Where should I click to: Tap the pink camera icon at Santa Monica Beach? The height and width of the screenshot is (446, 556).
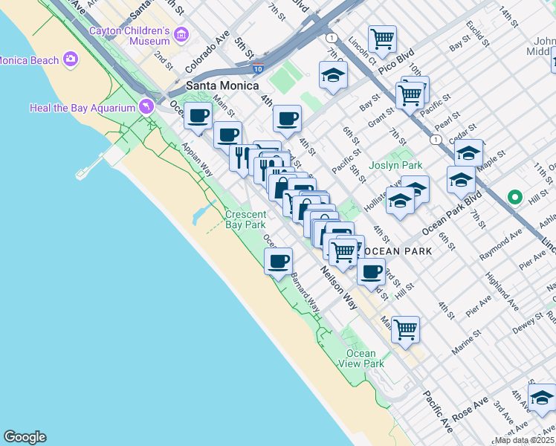click(x=71, y=59)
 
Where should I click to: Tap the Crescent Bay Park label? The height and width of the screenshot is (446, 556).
click(x=245, y=219)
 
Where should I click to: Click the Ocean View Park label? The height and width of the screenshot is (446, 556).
click(x=365, y=358)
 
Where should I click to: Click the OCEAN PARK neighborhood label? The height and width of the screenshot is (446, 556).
click(x=396, y=251)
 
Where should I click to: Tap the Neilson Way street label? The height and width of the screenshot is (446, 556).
click(x=340, y=285)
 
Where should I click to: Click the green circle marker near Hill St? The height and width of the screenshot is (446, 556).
click(x=514, y=197)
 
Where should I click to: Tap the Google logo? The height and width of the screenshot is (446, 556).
click(x=25, y=437)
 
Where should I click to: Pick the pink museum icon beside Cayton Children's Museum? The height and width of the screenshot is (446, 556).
click(x=181, y=35)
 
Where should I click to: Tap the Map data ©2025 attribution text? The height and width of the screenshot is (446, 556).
click(x=525, y=440)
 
